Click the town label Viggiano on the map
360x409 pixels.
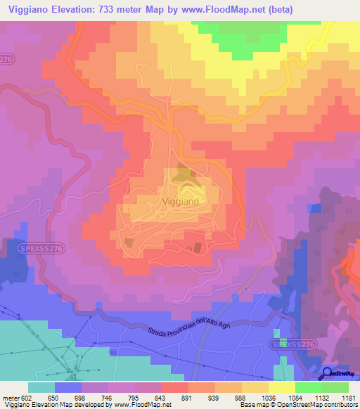click(181, 201)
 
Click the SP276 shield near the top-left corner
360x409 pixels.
click(8, 60)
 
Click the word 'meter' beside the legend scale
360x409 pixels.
click(10, 398)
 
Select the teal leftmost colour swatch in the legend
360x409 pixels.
click(41, 387)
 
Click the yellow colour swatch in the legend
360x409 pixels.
click(281, 387)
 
